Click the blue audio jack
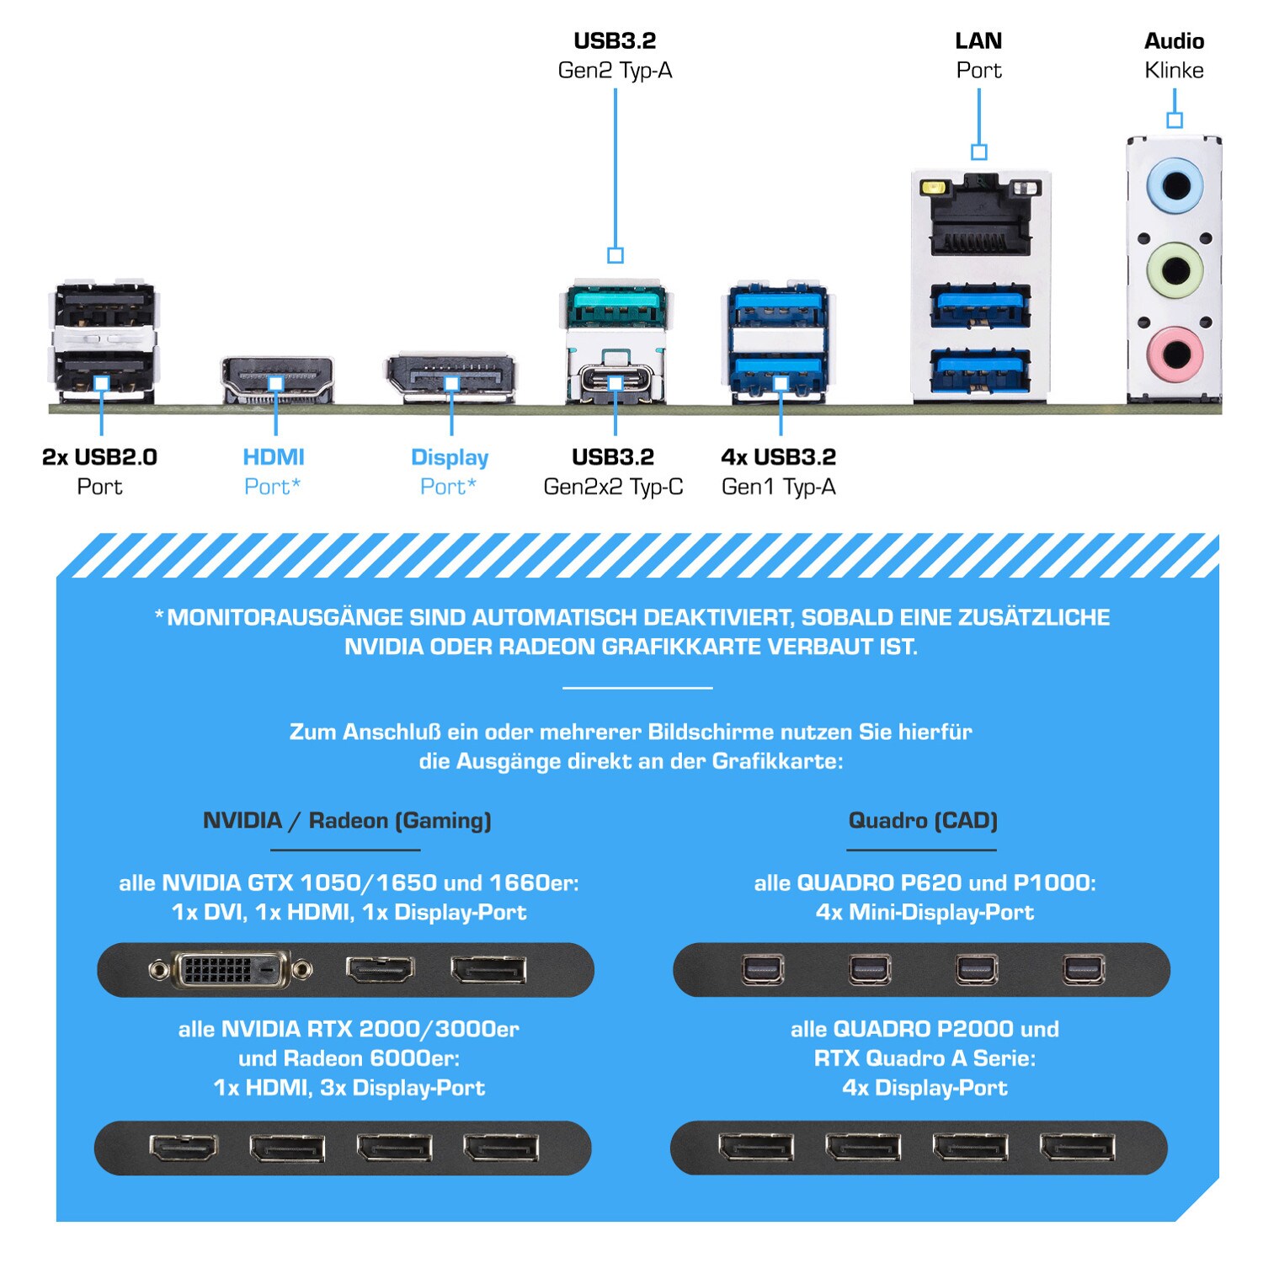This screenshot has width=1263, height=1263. pyautogui.click(x=1175, y=186)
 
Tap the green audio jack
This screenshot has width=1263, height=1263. pyautogui.click(x=1175, y=270)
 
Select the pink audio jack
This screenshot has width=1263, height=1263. pyautogui.click(x=1175, y=354)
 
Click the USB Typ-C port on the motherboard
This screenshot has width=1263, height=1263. pyautogui.click(x=616, y=381)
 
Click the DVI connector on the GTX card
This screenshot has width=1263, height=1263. pyautogui.click(x=230, y=971)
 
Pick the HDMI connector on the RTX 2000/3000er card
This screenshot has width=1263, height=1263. pyautogui.click(x=183, y=1148)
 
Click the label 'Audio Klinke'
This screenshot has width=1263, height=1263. pyautogui.click(x=1174, y=56)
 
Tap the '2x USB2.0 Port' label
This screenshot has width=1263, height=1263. pyautogui.click(x=99, y=472)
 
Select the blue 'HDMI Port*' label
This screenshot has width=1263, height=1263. pyautogui.click(x=273, y=472)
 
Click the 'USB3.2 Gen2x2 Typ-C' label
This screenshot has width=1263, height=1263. pyautogui.click(x=614, y=472)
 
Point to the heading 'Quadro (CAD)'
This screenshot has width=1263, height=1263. pyautogui.click(x=923, y=820)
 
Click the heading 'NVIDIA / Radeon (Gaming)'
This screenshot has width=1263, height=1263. pyautogui.click(x=347, y=820)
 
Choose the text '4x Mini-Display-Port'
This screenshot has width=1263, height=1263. pyautogui.click(x=925, y=912)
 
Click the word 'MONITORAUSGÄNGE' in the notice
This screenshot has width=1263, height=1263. pyautogui.click(x=285, y=617)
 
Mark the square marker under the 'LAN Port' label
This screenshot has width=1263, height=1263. pyautogui.click(x=979, y=152)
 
